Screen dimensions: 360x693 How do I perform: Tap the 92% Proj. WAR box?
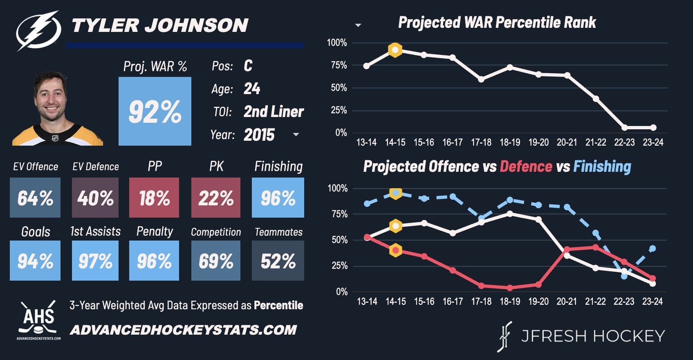[x=155, y=111]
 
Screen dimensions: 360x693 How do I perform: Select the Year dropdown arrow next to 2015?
[x=296, y=135]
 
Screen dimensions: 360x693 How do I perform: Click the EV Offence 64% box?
[x=35, y=198]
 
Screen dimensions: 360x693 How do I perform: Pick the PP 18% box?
[x=154, y=198]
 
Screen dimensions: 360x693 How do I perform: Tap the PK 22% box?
[x=216, y=198]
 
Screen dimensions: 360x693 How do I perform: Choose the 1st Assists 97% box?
[x=95, y=261]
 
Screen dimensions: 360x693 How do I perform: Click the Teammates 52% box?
[x=278, y=261]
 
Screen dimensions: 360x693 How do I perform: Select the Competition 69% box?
[x=216, y=261]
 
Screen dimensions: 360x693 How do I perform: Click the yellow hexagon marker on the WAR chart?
[x=395, y=50]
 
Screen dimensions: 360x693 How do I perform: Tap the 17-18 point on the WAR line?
[x=481, y=79]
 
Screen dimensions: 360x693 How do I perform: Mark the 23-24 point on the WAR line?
[x=653, y=128]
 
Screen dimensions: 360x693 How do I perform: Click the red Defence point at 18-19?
[x=510, y=288]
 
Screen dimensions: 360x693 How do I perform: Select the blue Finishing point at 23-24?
[x=653, y=249]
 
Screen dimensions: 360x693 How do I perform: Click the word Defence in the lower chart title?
[x=526, y=166]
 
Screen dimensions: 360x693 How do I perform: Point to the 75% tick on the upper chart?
[x=339, y=65]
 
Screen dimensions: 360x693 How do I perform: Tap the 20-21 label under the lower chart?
[x=567, y=301]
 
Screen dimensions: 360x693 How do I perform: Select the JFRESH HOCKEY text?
[x=593, y=336]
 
